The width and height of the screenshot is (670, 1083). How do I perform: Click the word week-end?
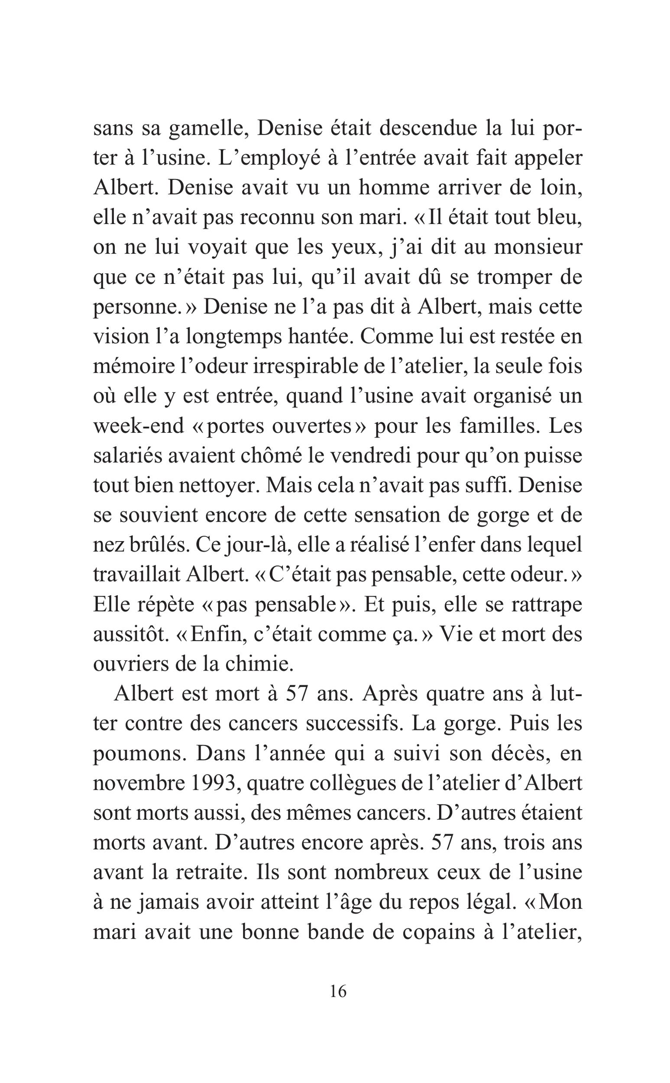[138, 426]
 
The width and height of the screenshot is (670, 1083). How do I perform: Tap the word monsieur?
[537, 248]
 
